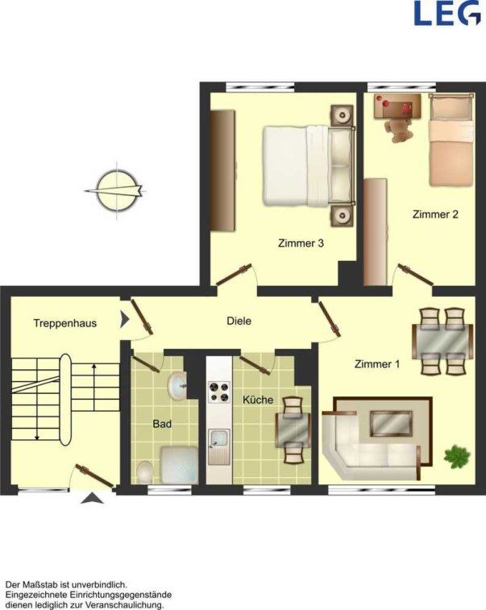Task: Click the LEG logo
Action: [447, 13]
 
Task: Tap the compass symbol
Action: [116, 191]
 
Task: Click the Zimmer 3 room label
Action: [301, 243]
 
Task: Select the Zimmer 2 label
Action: [435, 214]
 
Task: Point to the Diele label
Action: [239, 321]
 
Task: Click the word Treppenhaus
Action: [65, 323]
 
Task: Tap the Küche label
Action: [258, 400]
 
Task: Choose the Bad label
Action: [162, 424]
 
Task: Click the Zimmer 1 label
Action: [377, 364]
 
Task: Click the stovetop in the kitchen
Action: [219, 392]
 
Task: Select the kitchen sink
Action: [219, 446]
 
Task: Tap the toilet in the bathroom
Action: [145, 472]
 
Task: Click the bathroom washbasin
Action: [177, 385]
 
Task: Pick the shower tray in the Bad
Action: [180, 464]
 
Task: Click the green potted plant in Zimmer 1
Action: [458, 456]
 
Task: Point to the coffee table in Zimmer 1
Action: [391, 423]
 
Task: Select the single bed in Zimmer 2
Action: [451, 139]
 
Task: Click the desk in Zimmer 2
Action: [397, 106]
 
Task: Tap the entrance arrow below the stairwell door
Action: [92, 498]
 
